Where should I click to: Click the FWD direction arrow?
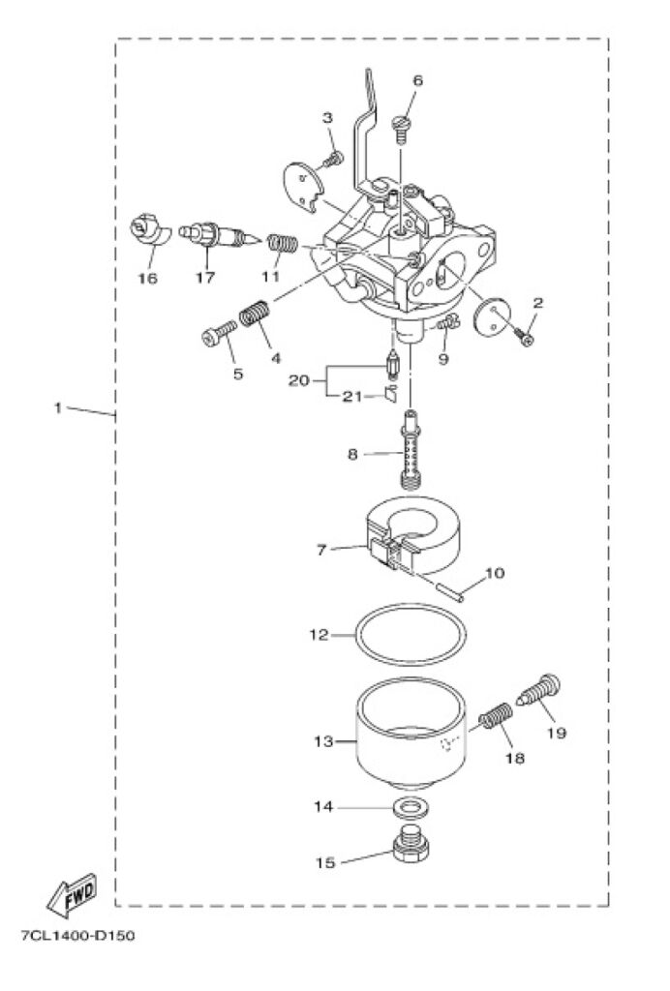click(x=71, y=895)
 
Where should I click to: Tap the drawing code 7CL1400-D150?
click(x=77, y=936)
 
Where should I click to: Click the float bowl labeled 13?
click(x=411, y=734)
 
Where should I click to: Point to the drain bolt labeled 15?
click(x=411, y=843)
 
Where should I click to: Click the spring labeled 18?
click(x=495, y=717)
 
